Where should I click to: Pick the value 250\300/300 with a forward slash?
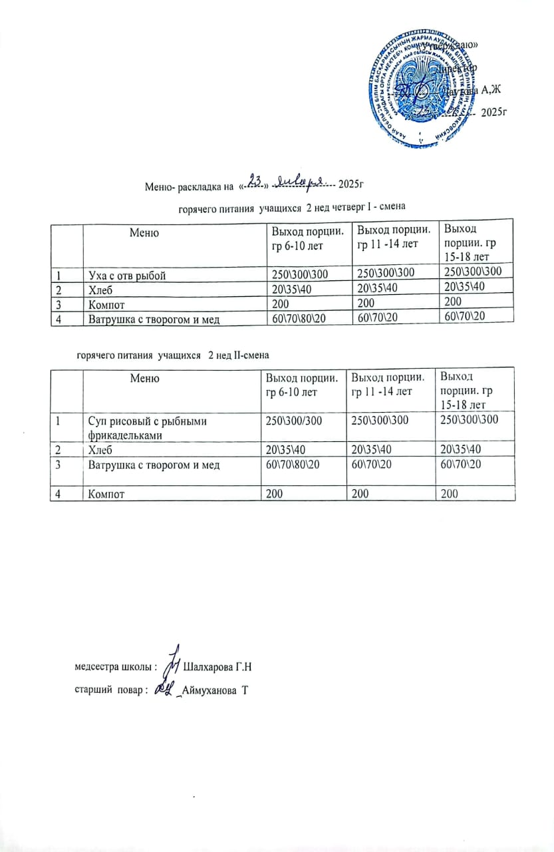[293, 420]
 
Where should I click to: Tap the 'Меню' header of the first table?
[144, 233]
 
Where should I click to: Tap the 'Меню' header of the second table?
[145, 378]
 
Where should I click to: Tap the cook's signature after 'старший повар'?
[163, 690]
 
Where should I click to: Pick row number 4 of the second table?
[59, 495]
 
